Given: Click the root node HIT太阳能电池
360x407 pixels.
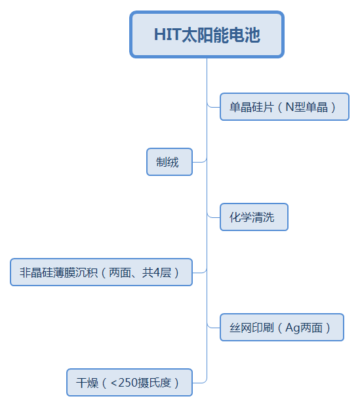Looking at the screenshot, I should [207, 34].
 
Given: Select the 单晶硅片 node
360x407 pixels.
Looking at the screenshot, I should [284, 107].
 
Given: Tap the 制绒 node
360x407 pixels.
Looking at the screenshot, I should [169, 162].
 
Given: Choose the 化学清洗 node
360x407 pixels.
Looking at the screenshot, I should [254, 217].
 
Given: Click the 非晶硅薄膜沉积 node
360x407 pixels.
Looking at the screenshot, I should [101, 272].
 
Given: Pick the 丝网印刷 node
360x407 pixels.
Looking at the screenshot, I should [281, 328].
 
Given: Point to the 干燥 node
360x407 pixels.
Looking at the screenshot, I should [129, 383].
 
